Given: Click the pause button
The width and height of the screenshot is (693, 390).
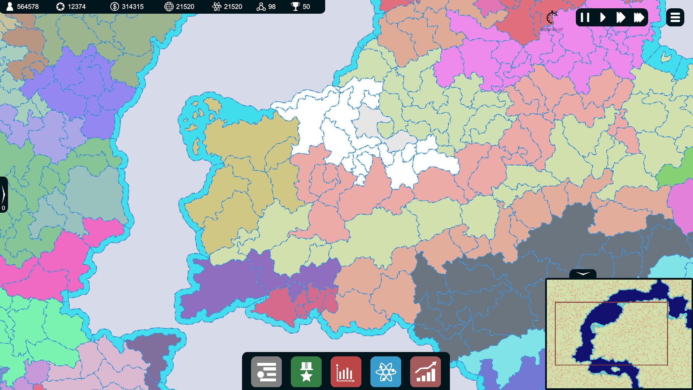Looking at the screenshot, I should pyautogui.click(x=585, y=17).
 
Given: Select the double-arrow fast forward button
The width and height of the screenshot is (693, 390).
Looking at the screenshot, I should pyautogui.click(x=620, y=17).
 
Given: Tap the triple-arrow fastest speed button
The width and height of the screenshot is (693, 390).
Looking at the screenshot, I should pyautogui.click(x=638, y=17).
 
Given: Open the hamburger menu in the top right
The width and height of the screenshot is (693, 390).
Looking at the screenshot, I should pyautogui.click(x=675, y=17).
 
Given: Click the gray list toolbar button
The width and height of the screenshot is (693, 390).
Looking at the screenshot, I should pyautogui.click(x=266, y=372).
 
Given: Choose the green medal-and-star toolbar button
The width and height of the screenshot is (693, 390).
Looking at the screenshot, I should pyautogui.click(x=306, y=372).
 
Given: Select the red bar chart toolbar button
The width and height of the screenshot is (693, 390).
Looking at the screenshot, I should pyautogui.click(x=346, y=372).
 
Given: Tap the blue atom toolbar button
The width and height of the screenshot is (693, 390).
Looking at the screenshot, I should pyautogui.click(x=385, y=372).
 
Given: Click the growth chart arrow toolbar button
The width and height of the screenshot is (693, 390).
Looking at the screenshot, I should pyautogui.click(x=426, y=372).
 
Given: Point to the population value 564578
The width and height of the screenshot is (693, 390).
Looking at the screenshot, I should pyautogui.click(x=28, y=6).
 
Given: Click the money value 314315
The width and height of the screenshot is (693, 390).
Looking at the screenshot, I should pyautogui.click(x=132, y=6).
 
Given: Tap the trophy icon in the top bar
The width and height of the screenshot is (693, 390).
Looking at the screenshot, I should pyautogui.click(x=295, y=6).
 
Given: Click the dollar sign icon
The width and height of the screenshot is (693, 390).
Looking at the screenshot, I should pyautogui.click(x=114, y=6).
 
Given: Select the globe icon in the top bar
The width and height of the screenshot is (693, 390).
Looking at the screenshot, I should pyautogui.click(x=169, y=6).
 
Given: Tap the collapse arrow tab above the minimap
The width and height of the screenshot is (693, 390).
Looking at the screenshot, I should pyautogui.click(x=583, y=274).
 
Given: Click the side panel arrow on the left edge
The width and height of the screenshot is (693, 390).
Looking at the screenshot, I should pyautogui.click(x=4, y=194).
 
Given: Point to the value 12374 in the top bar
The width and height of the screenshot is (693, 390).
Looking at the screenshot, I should pyautogui.click(x=77, y=6).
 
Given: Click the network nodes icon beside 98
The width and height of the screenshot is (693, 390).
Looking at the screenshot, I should pyautogui.click(x=261, y=6).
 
